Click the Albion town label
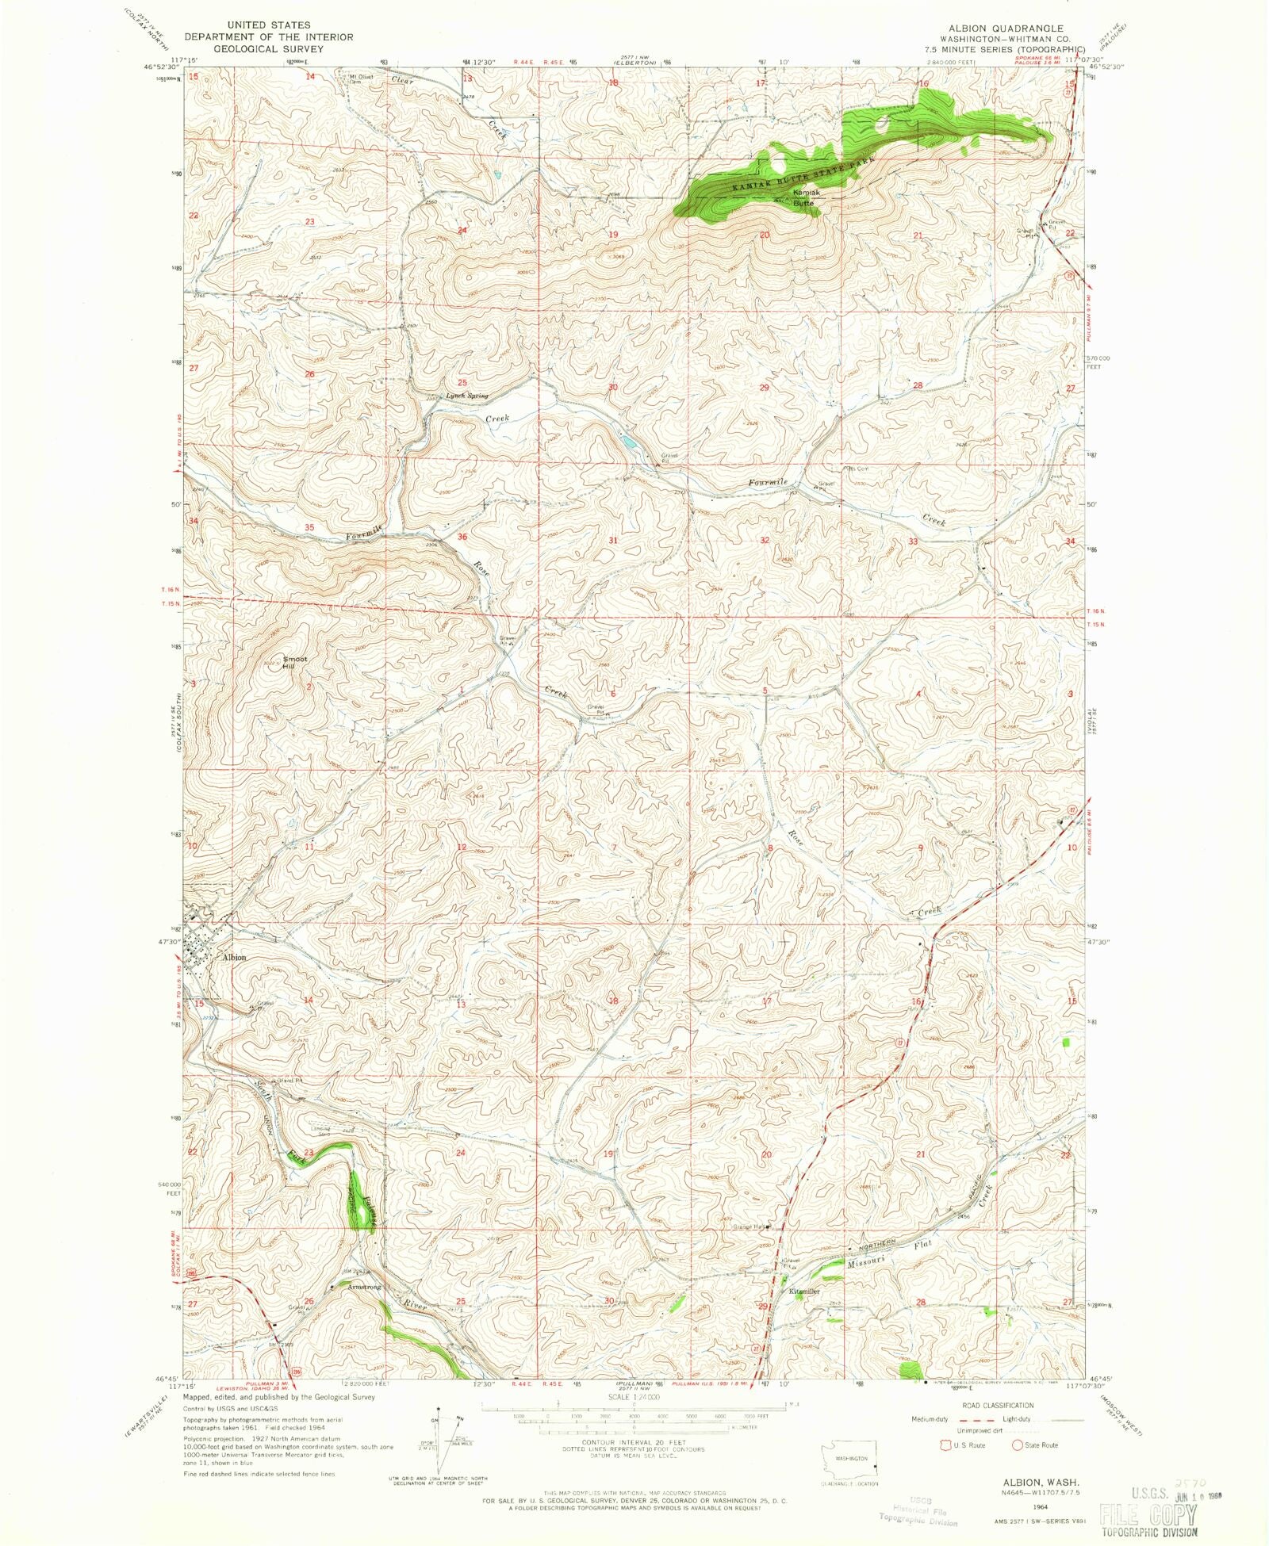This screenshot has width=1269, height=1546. point(234,957)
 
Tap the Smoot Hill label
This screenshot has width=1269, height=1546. point(295,662)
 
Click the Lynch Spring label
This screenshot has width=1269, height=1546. point(466,396)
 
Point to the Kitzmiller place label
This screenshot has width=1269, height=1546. point(804,1292)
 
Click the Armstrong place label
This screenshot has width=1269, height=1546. point(364,1287)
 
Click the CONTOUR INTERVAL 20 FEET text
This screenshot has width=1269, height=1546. point(623,1443)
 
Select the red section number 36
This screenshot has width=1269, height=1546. point(462,537)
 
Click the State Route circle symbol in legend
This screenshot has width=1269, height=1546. point(1017,1445)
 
